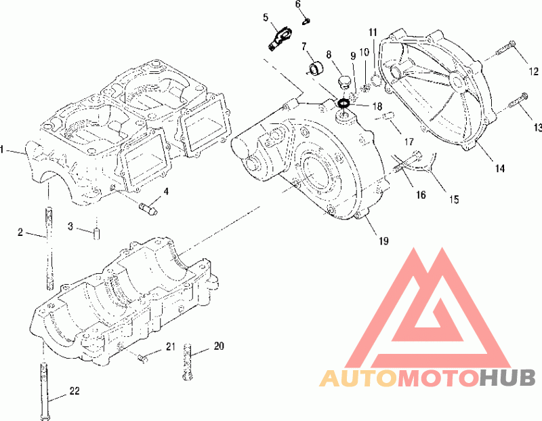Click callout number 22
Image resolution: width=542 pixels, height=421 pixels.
pyautogui.click(x=75, y=391)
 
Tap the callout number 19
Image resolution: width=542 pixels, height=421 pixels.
pyautogui.click(x=383, y=241)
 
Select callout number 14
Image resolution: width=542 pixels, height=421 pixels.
pyautogui.click(x=500, y=169)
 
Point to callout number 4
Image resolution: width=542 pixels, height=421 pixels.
pyautogui.click(x=166, y=191)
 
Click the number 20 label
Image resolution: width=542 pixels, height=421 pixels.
pyautogui.click(x=219, y=346)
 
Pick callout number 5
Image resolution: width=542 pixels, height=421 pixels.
pyautogui.click(x=266, y=18)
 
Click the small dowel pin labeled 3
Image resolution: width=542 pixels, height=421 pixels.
pyautogui.click(x=97, y=233)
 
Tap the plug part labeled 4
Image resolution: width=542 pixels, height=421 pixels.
pyautogui.click(x=148, y=209)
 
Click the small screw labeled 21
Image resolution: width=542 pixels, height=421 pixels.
pyautogui.click(x=143, y=358)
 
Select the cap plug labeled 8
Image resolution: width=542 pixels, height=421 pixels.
pyautogui.click(x=343, y=83)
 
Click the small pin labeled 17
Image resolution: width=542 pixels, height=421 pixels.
pyautogui.click(x=388, y=115)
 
